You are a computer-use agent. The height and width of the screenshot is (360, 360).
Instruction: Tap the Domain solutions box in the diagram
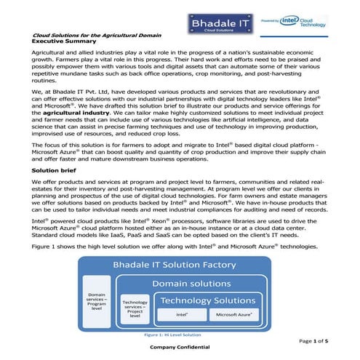[x=194, y=282]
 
